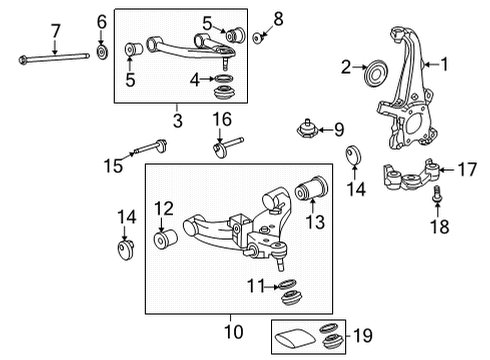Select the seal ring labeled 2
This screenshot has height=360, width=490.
coord(376,70)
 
